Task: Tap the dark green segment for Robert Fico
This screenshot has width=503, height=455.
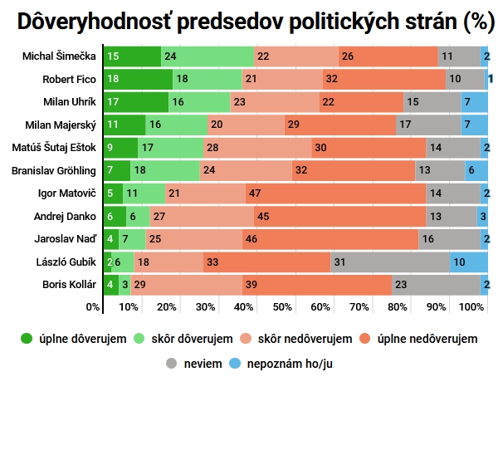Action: click(138, 80)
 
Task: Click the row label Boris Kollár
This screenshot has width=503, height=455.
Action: click(69, 285)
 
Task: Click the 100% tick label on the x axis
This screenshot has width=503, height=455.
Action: click(472, 307)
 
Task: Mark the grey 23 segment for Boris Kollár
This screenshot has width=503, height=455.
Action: click(436, 285)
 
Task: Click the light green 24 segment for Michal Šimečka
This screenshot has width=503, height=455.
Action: click(208, 56)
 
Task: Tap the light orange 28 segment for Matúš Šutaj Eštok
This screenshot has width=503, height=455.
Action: click(257, 148)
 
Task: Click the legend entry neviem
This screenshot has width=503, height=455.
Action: click(193, 363)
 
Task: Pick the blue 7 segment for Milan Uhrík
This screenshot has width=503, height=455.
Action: click(474, 102)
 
